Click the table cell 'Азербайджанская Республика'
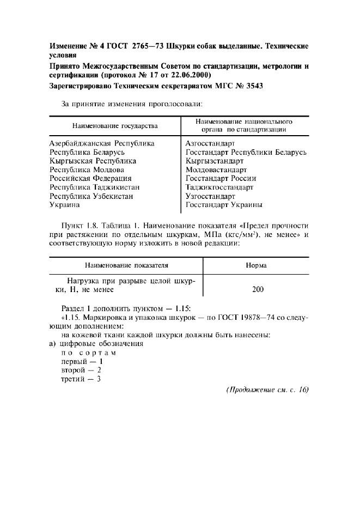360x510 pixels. coord(102,143)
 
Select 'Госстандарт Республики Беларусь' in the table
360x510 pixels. coord(246,152)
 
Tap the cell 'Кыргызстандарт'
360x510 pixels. coord(214,161)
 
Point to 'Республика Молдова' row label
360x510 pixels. coord(87,169)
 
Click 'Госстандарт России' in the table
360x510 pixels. coord(221,178)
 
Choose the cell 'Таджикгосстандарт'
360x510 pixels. coord(219,187)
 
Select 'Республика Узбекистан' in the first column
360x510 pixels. coord(91,196)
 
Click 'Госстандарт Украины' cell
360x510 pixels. coord(224,205)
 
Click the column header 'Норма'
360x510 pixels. coord(256,265)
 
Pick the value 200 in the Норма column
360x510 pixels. coord(258,289)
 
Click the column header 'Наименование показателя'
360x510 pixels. coord(126,265)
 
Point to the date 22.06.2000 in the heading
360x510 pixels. coord(191,75)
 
